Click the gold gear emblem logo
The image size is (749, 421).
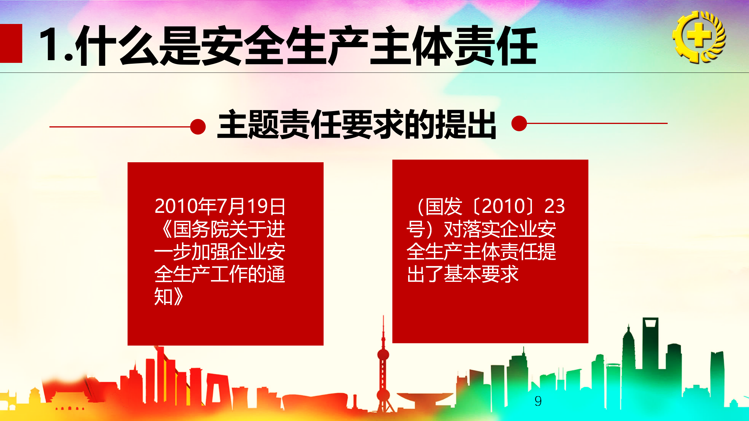point(699,37)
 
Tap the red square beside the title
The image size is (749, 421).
point(11,43)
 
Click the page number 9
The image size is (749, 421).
point(538,401)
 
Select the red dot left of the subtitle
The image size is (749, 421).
point(198,127)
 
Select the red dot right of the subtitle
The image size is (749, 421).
point(519,123)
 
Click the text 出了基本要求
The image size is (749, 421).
point(463,274)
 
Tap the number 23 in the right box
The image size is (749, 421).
point(554,206)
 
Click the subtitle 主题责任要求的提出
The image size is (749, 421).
point(357,124)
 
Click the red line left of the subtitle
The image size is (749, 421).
point(120,127)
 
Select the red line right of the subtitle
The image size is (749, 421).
point(597,123)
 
